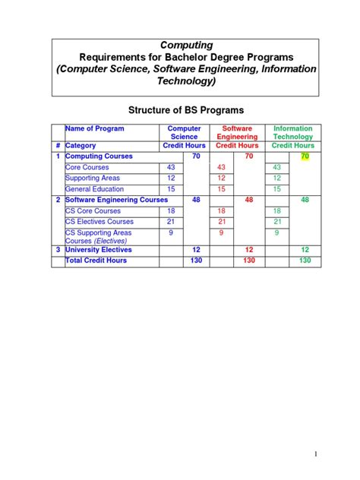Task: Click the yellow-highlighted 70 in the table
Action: pos(305,156)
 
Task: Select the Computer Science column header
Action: pos(184,133)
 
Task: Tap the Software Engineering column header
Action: pos(237,133)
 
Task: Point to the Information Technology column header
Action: pos(292,133)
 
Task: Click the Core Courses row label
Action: pos(88,167)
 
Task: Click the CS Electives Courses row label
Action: pos(99,222)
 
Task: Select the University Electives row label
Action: pos(99,250)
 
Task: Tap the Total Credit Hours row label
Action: pos(96,261)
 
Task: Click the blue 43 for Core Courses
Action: pos(170,167)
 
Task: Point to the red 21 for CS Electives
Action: pos(222,222)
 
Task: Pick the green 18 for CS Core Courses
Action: pos(276,211)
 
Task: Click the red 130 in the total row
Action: pos(248,261)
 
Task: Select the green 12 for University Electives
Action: pos(305,250)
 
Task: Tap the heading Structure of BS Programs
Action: pos(179,110)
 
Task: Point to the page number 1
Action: pos(314,453)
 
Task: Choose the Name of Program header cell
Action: pos(95,129)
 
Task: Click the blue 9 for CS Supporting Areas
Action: pos(170,233)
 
